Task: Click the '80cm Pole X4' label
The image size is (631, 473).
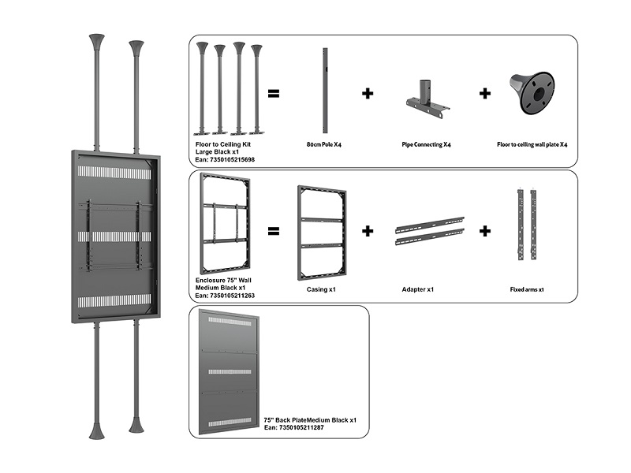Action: tap(324, 145)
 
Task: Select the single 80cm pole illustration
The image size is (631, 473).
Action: tap(324, 91)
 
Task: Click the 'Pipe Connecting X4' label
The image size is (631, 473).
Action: tap(426, 145)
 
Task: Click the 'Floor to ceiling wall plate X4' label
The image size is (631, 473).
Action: tap(532, 145)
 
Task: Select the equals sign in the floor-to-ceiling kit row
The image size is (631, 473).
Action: tap(274, 94)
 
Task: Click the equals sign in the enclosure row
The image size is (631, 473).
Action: tap(274, 232)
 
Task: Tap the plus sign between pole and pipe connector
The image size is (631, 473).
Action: tap(368, 94)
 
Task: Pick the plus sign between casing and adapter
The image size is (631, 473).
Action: tap(368, 231)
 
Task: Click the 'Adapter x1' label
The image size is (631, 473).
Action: tap(418, 289)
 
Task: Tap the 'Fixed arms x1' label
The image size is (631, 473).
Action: tap(528, 289)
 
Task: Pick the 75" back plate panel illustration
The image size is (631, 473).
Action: tap(230, 371)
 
